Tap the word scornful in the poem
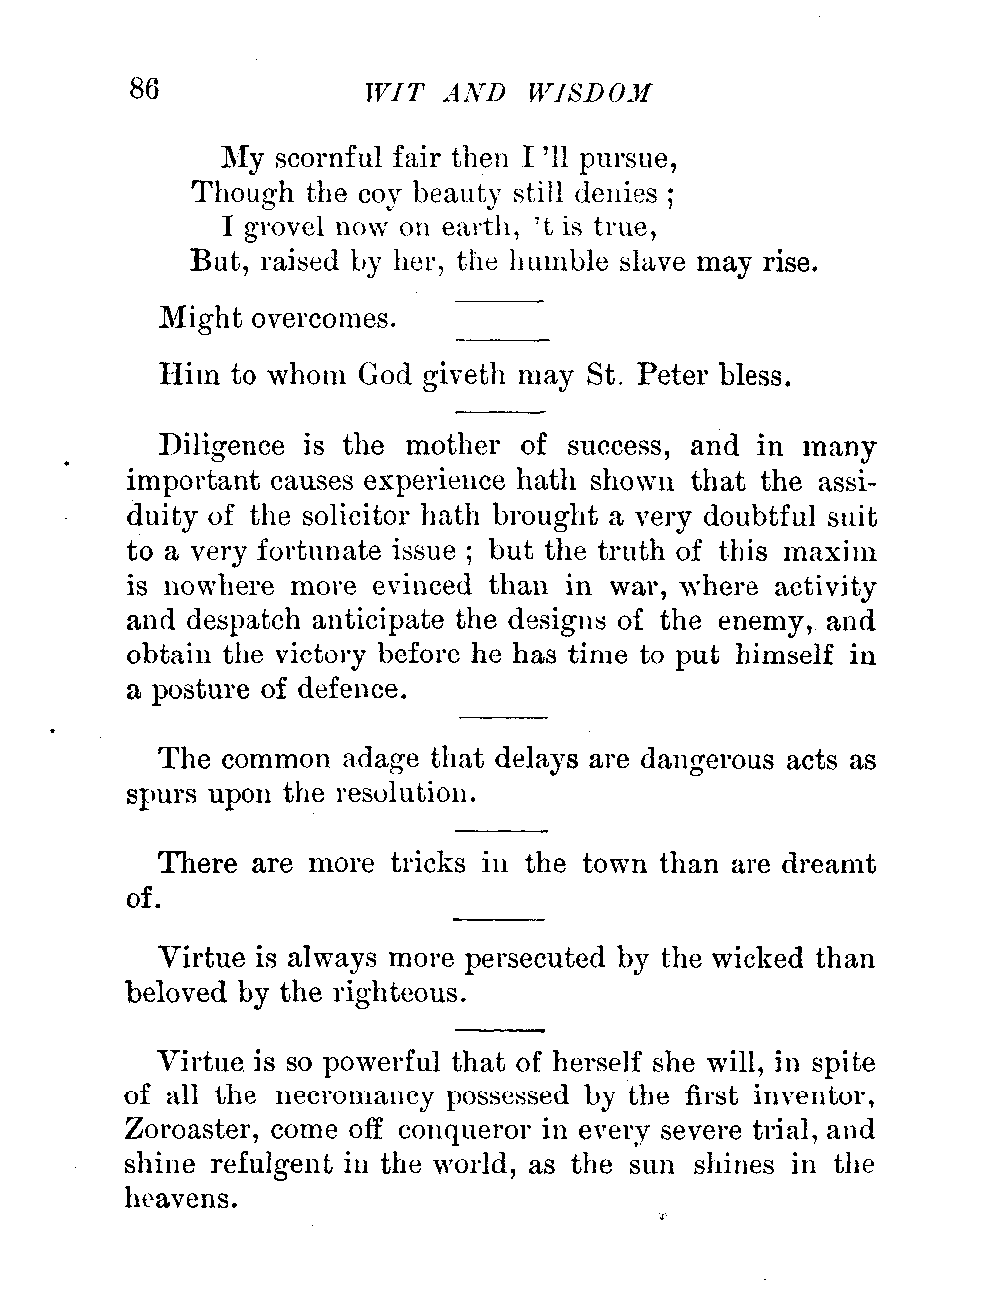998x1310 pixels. (320, 159)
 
